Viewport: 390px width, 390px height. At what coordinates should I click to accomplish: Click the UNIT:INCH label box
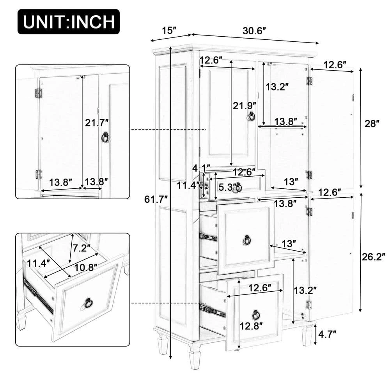[69, 22]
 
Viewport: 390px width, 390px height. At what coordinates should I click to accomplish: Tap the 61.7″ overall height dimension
[156, 199]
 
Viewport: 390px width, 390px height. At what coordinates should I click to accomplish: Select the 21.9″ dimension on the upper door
[245, 105]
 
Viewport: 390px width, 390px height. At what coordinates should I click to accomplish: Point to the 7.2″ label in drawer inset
[81, 248]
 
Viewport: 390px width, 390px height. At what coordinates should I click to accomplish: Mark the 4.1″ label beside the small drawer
[202, 168]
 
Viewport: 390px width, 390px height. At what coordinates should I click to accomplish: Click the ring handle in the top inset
[105, 137]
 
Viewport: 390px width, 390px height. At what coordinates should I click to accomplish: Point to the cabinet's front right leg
[307, 336]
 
